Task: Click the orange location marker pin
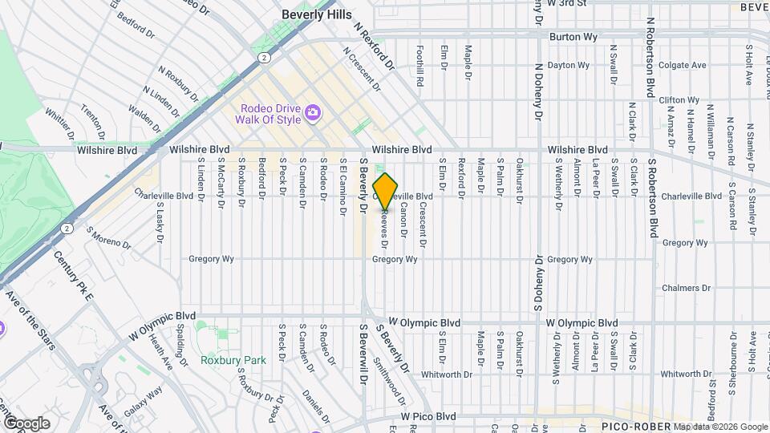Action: point(386,192)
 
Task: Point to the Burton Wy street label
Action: point(570,37)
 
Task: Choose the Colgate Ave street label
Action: point(682,65)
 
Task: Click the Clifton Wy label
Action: point(679,100)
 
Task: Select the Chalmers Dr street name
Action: point(687,288)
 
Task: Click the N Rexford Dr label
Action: point(375,43)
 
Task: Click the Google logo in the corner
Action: point(26,423)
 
